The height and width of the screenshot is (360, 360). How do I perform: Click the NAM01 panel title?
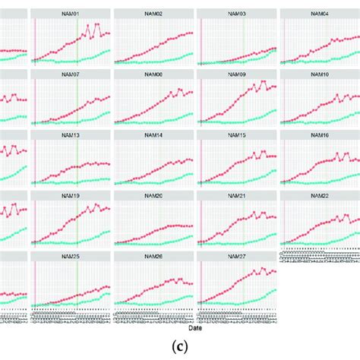71,14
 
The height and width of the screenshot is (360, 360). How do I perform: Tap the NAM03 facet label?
236,14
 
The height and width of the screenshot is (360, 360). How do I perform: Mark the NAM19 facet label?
71,195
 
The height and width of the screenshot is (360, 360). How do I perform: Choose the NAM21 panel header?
236,195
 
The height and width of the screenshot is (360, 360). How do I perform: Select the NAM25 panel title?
71,256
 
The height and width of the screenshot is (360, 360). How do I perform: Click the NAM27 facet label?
236,256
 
